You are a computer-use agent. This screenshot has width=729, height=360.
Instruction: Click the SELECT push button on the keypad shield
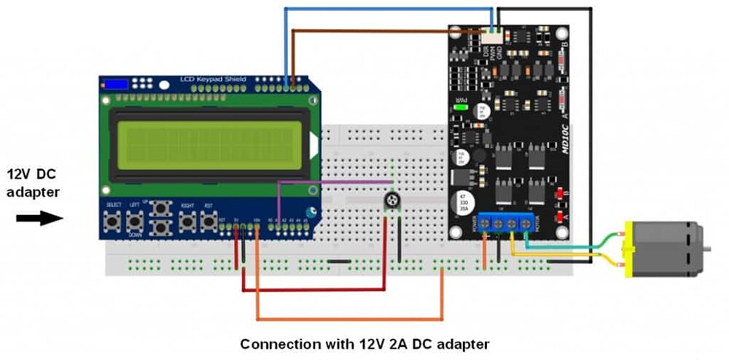point(113,220)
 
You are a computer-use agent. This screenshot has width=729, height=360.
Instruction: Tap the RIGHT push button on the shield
point(188,220)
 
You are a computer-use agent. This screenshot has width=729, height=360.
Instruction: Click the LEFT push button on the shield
point(134,220)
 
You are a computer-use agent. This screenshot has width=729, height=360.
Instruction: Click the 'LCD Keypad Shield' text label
point(213,79)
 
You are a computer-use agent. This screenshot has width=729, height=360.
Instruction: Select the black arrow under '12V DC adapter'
point(39,218)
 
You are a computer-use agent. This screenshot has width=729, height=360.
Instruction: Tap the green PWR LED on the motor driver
point(459,108)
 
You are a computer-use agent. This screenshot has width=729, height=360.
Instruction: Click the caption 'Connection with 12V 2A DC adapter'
point(364,343)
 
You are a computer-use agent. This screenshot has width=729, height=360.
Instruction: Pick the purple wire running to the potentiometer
point(335,182)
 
